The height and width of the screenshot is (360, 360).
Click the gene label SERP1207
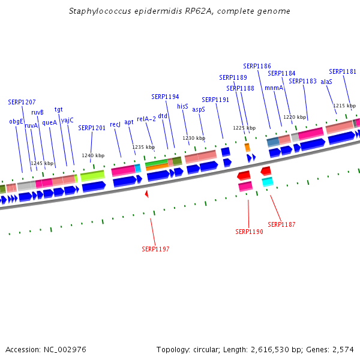[22, 102]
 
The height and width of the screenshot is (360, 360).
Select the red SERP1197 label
[155, 248]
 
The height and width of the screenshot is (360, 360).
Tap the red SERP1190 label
[249, 232]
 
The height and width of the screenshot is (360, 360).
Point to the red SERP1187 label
[281, 224]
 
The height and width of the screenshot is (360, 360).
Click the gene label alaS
[326, 81]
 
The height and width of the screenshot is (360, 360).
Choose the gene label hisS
[182, 106]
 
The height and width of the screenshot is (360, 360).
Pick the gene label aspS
[199, 110]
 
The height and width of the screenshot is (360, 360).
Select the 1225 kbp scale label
[244, 128]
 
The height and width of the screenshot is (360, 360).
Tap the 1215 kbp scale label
[344, 106]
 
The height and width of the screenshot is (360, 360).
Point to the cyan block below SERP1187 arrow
[268, 181]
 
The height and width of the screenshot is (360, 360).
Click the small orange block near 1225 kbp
[247, 147]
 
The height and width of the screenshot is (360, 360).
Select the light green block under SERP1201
[92, 176]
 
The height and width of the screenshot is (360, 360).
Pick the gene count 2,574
[343, 349]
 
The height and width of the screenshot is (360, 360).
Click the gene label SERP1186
[257, 66]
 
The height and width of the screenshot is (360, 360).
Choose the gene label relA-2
[146, 119]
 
